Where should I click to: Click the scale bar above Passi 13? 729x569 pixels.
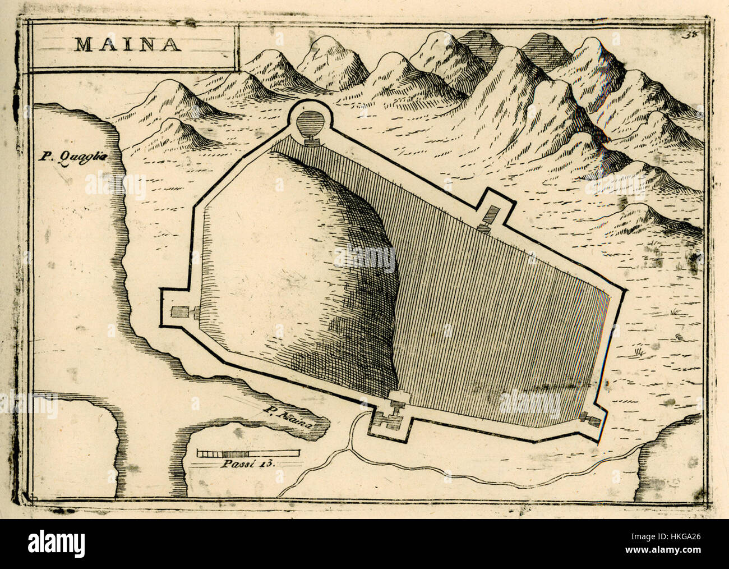click(248, 452)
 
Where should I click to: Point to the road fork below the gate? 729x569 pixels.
click(352, 449)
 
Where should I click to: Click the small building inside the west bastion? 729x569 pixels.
click(181, 312)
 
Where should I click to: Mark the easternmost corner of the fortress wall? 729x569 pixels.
click(624, 292)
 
